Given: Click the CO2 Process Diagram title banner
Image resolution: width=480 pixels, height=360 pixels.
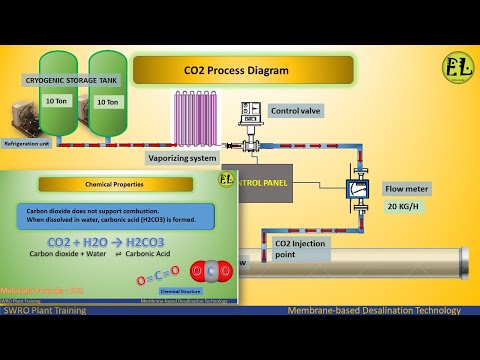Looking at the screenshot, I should tap(243, 70).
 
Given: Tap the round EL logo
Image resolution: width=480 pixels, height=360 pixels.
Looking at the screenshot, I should tap(457, 69).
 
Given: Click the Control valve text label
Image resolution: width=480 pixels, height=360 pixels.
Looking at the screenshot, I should tap(297, 110).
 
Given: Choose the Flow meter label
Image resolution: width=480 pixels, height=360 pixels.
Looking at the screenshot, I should tap(405, 188).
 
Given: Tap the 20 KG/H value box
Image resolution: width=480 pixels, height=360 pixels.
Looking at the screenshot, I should tap(405, 207).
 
